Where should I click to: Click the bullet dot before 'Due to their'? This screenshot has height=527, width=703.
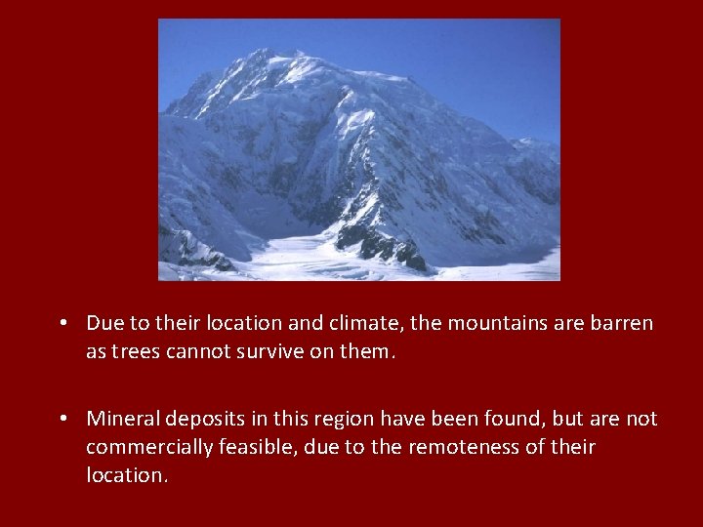coord(62,323)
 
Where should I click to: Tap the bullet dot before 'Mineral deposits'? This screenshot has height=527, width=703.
coord(62,419)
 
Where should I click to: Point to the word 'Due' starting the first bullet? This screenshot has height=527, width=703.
coord(103,323)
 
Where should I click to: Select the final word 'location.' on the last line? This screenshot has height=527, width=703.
coord(126,475)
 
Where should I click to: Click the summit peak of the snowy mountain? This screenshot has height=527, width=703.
coord(262,53)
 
